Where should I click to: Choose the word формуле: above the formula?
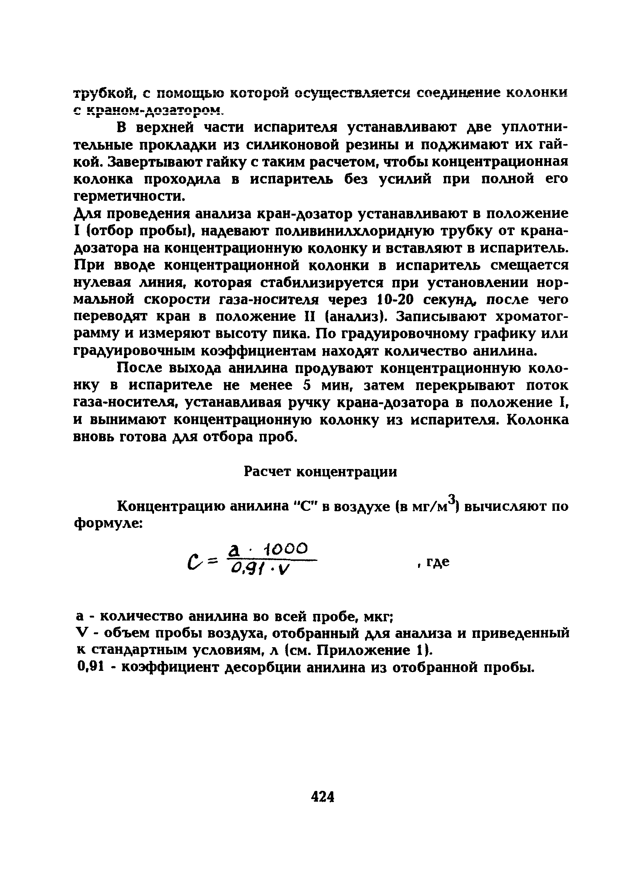(x=108, y=523)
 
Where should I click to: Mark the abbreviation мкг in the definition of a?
(x=377, y=617)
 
